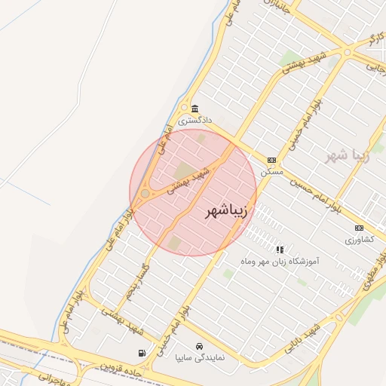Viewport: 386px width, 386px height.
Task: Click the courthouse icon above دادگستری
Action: click(195, 109)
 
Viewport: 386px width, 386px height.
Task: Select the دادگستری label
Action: click(195, 120)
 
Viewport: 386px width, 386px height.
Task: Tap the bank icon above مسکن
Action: click(271, 160)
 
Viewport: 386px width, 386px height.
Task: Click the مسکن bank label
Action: click(271, 171)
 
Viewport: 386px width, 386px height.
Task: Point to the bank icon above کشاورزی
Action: click(359, 228)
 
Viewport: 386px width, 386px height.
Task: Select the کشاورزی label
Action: click(359, 240)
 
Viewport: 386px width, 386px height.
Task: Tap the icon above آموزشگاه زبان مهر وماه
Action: click(280, 249)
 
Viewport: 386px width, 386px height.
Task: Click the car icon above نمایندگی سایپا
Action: click(198, 345)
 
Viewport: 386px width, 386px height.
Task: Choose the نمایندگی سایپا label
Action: click(198, 357)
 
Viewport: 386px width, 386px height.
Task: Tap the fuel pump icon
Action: click(142, 353)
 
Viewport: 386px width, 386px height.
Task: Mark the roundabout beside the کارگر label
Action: click(348, 52)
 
